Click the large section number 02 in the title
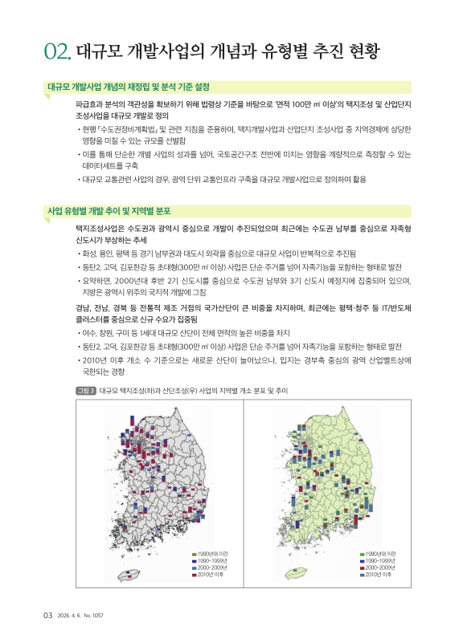pos(59,53)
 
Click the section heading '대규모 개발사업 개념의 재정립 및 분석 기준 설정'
pos(129,87)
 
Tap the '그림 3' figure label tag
pos(84,390)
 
